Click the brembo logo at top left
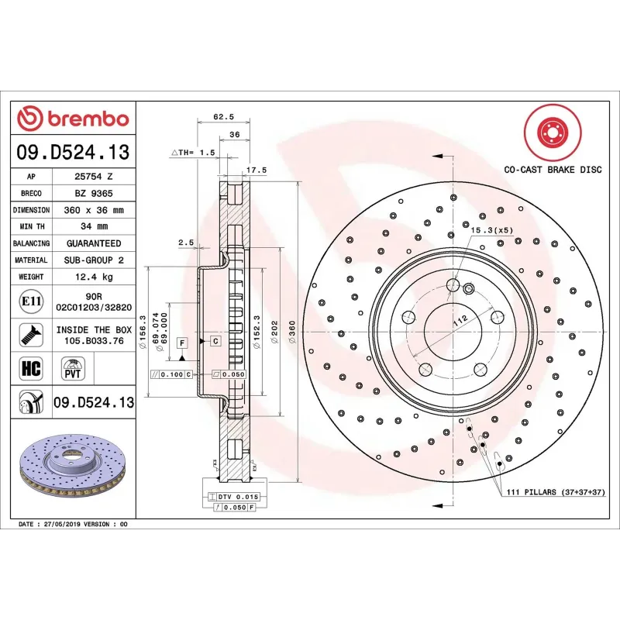pos(73,119)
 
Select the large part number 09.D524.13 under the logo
pos(73,152)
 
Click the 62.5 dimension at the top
pos(223,117)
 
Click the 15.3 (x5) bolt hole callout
pos(491,230)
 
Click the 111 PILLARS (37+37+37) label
pos(555,492)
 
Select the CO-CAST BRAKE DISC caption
pos(553,169)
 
